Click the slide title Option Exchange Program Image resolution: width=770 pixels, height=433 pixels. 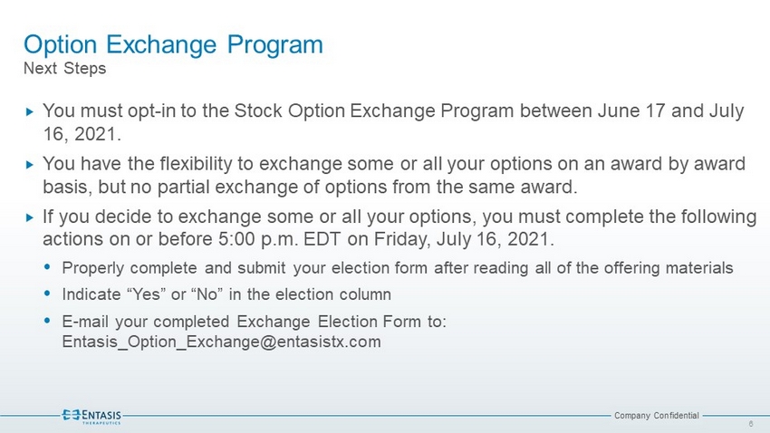click(x=173, y=45)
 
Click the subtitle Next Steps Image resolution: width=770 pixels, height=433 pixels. click(x=65, y=68)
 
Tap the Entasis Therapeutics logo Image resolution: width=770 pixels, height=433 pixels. click(x=91, y=416)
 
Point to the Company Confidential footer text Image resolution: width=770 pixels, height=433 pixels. click(x=657, y=415)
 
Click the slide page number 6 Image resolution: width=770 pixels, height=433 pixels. click(x=751, y=424)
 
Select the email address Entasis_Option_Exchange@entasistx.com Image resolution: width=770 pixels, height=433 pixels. click(x=221, y=342)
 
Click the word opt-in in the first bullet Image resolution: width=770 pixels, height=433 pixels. click(x=151, y=111)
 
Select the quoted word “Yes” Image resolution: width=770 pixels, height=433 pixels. click(x=147, y=294)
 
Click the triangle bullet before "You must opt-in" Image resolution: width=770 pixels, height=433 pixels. click(x=30, y=112)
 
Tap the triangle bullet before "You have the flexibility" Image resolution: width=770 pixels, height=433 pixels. click(x=30, y=165)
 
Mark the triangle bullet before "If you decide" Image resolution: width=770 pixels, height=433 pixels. click(x=30, y=217)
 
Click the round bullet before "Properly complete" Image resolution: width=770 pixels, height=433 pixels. click(x=47, y=267)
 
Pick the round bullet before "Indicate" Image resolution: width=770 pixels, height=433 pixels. click(x=47, y=293)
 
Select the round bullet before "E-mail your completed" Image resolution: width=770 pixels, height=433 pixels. click(x=47, y=321)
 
